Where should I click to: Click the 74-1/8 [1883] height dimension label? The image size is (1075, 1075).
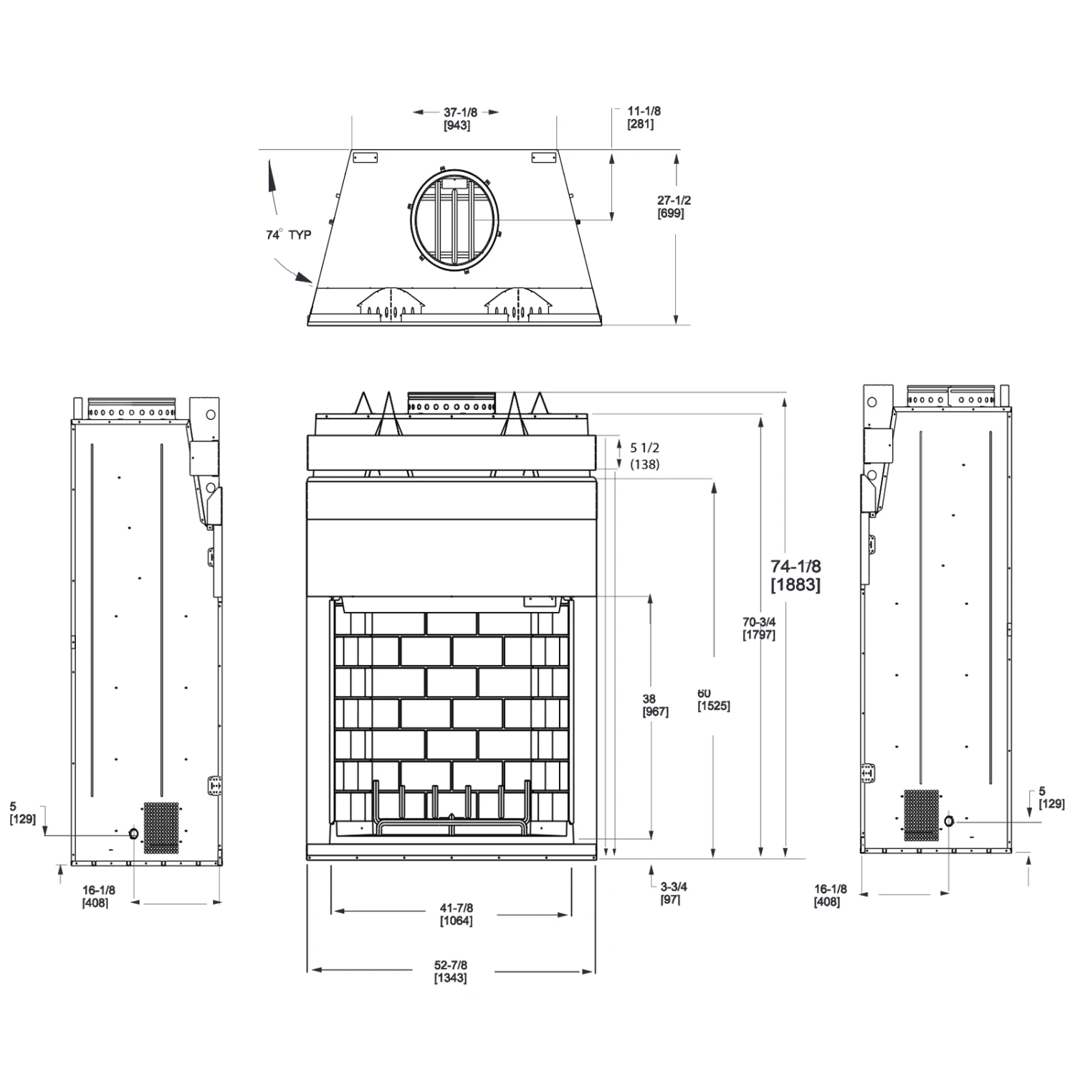click(795, 575)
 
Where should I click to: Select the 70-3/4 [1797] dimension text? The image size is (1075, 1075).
click(759, 629)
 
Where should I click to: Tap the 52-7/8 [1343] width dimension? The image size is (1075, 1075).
click(451, 972)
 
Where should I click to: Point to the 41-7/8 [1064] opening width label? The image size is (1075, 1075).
click(456, 914)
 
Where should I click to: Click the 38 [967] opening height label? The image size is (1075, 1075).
click(656, 705)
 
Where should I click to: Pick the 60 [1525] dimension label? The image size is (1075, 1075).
click(713, 699)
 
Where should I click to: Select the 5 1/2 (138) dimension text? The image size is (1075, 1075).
click(645, 456)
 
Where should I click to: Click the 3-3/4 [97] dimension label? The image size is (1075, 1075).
click(674, 893)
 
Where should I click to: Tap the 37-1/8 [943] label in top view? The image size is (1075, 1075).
click(457, 119)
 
